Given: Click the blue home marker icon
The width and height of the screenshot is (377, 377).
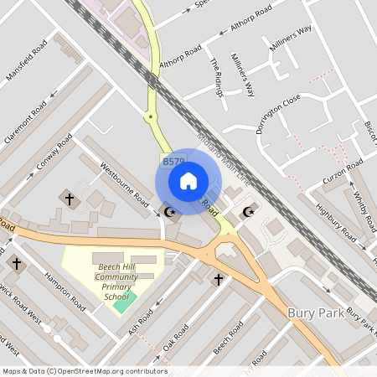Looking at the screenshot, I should pos(188,181).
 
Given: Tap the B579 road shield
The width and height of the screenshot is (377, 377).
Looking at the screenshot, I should pos(173,162).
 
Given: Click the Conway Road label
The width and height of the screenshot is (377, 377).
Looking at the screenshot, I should pos(54,155).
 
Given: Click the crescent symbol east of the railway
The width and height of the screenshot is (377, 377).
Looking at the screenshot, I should pos(248,212).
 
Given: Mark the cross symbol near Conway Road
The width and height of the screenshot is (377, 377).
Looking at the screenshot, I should pos(69,199).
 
